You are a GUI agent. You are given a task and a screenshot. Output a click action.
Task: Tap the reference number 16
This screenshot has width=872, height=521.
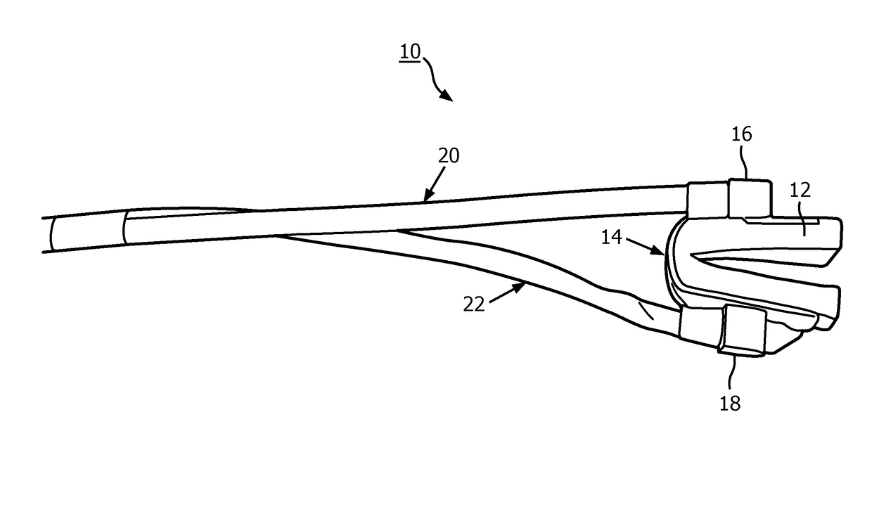point(741,134)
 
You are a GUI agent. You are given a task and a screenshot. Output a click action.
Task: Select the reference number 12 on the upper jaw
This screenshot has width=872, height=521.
point(800,190)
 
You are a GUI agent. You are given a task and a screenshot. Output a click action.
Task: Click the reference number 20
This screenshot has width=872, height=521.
point(449,155)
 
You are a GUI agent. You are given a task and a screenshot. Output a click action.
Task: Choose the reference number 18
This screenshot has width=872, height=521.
point(731,403)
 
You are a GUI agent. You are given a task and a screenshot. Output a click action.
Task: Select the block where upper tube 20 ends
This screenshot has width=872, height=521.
point(707,200)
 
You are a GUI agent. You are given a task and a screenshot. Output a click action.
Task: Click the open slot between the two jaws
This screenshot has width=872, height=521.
point(759,263)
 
